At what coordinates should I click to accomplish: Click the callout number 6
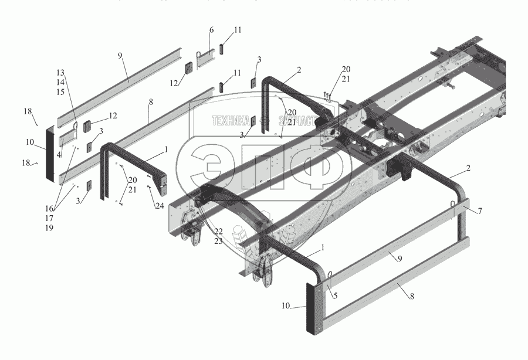[x=211, y=29]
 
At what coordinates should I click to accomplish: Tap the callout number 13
[x=60, y=72]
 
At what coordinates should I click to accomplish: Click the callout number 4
[x=60, y=155]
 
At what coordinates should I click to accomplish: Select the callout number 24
[x=159, y=206]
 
